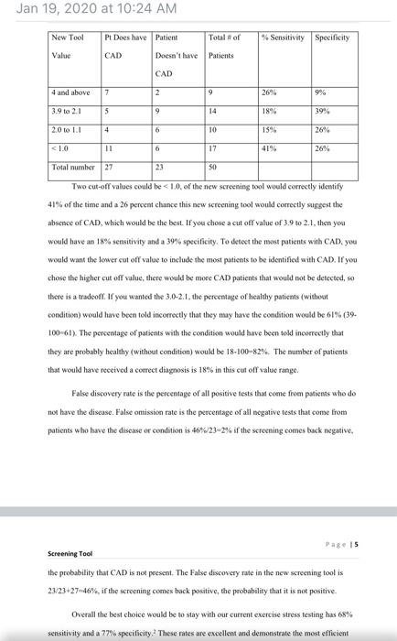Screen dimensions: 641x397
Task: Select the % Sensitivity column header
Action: click(284, 38)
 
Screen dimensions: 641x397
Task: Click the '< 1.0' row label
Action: click(60, 149)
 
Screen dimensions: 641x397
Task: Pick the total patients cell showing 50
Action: click(213, 168)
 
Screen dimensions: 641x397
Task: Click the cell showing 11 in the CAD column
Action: click(109, 149)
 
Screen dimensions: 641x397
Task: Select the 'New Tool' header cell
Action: click(68, 38)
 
